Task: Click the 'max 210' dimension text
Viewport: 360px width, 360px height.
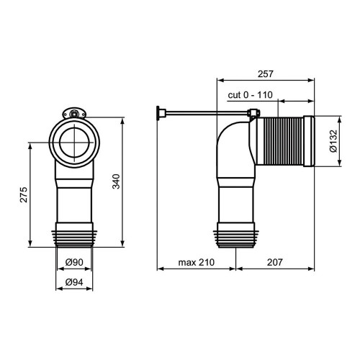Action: pyautogui.click(x=197, y=262)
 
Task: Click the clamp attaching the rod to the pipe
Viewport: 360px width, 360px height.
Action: pyautogui.click(x=254, y=113)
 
